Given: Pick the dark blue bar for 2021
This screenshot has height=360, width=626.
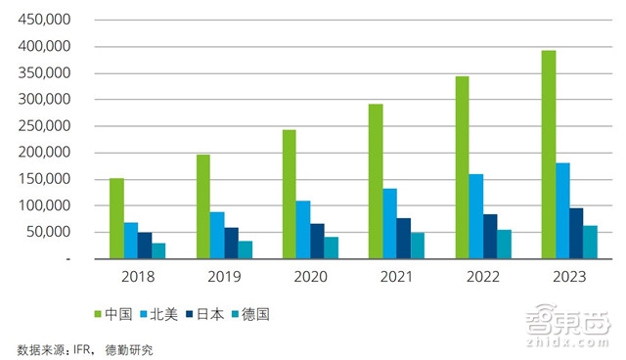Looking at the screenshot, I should (404, 238).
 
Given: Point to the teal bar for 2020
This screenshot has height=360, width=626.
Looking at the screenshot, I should (332, 247).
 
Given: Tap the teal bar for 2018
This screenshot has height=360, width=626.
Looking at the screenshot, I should (158, 250).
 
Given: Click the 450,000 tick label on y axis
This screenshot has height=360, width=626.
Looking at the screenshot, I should (43, 20).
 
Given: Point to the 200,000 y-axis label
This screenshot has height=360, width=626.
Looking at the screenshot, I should (43, 153).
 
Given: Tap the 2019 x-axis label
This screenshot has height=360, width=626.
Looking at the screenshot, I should (224, 277).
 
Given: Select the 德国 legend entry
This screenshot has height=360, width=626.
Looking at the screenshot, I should (276, 314).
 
